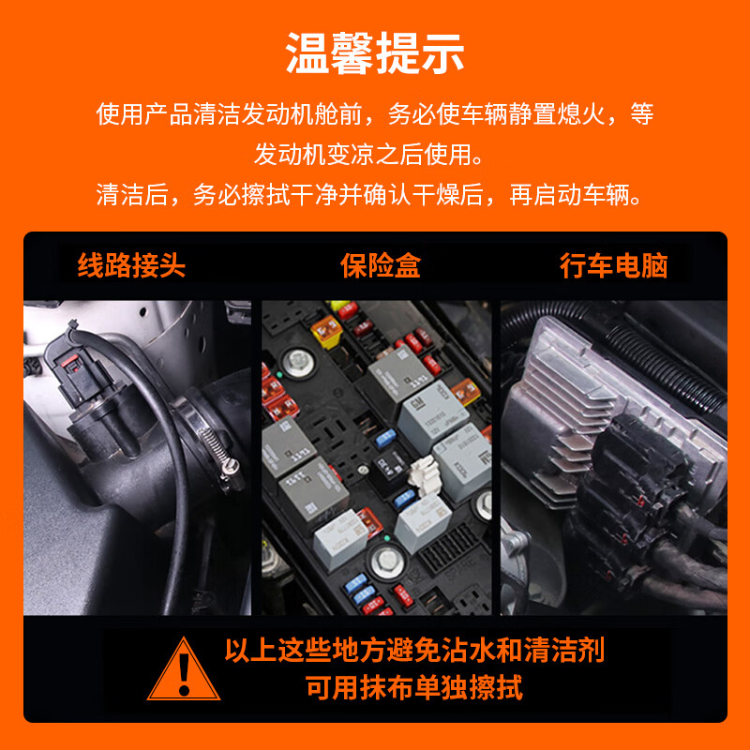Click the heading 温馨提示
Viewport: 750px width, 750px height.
[x=375, y=53]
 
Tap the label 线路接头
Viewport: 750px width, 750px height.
[x=131, y=265]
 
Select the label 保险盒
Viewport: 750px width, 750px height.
[x=380, y=265]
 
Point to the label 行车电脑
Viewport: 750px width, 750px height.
[x=613, y=265]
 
